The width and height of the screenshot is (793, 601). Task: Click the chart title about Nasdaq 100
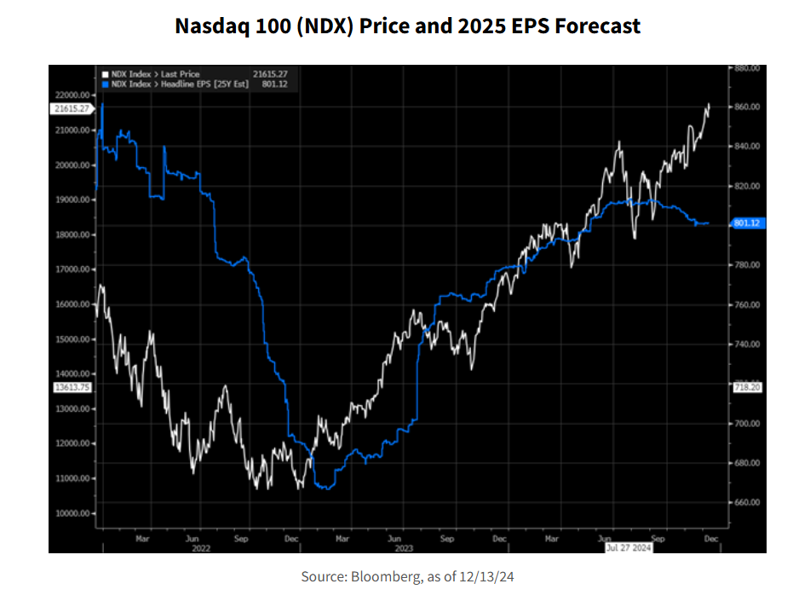click(x=407, y=26)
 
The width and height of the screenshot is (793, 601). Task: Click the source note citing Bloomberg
click(x=407, y=577)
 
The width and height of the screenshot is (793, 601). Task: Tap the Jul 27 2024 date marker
click(x=629, y=548)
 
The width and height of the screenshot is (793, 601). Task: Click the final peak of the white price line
click(x=709, y=105)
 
